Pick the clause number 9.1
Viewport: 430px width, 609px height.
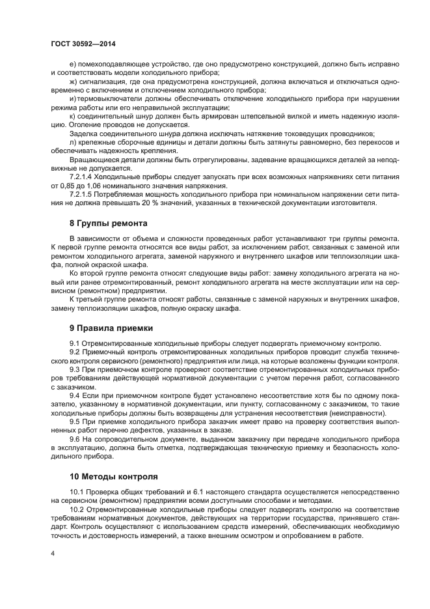tap(75, 343)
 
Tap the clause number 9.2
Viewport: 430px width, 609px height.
tap(75, 352)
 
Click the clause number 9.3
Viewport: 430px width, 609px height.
tap(75, 369)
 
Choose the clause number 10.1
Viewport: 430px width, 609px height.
tap(77, 491)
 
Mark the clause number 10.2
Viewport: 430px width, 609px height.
tap(77, 509)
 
